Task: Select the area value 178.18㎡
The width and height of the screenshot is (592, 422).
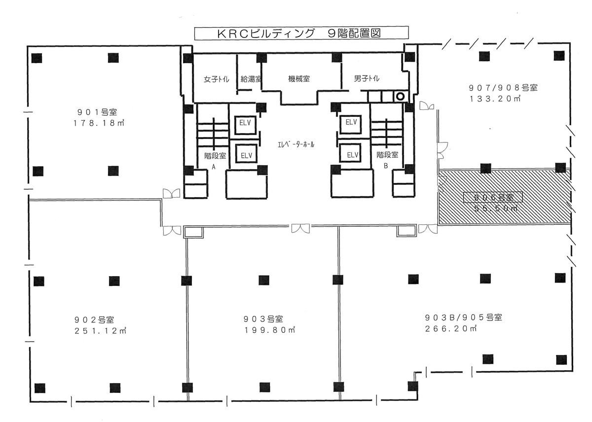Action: click(97, 124)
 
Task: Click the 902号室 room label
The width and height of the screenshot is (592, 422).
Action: click(95, 319)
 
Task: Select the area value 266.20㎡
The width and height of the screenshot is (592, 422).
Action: click(450, 329)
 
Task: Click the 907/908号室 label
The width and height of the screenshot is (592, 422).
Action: click(502, 87)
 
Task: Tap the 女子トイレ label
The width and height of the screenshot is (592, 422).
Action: click(216, 79)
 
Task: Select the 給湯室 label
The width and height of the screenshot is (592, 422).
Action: click(251, 79)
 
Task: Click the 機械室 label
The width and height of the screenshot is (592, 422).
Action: click(298, 78)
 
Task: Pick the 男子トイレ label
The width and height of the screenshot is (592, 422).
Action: click(367, 78)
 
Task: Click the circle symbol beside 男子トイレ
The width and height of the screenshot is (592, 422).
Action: click(401, 96)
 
